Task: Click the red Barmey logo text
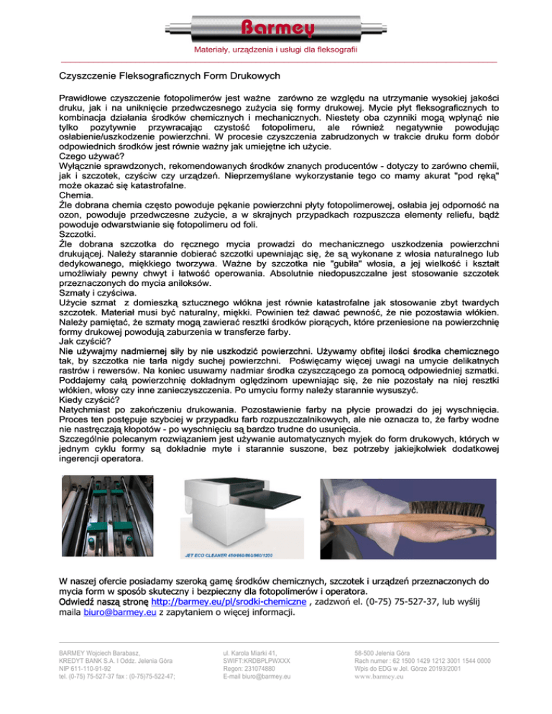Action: coord(276,29)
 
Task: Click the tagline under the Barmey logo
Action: coord(276,50)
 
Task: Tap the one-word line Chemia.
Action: coord(75,194)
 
